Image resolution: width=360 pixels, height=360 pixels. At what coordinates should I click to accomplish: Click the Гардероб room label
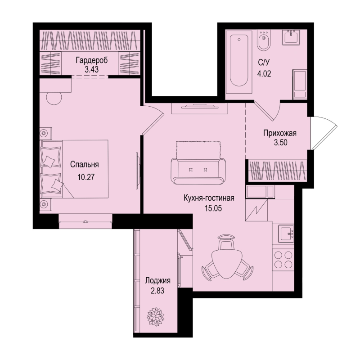click(92, 61)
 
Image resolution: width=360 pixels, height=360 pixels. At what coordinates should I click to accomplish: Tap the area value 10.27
click(86, 177)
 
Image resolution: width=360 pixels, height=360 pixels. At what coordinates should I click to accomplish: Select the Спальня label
click(85, 165)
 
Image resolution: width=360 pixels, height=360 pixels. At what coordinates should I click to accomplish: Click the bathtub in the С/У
click(239, 62)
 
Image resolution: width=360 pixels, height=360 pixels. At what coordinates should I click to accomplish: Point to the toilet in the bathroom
click(264, 40)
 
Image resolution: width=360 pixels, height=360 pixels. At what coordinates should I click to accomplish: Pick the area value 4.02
click(264, 74)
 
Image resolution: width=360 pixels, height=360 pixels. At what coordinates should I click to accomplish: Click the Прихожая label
click(280, 133)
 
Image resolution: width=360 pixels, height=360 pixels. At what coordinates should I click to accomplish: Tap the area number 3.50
click(280, 143)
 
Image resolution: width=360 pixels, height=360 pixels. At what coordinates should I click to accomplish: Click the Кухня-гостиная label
click(209, 198)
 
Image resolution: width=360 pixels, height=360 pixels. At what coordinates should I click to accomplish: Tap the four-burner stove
click(283, 259)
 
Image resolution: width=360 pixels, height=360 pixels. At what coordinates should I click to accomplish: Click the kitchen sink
click(286, 234)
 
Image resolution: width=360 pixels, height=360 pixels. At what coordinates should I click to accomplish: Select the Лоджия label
click(158, 281)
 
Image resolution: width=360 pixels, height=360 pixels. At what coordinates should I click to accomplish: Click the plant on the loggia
click(156, 317)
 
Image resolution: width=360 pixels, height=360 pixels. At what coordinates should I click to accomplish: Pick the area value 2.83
click(157, 291)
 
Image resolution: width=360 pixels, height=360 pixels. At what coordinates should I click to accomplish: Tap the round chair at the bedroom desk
click(54, 98)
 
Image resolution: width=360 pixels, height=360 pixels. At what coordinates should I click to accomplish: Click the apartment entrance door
click(324, 133)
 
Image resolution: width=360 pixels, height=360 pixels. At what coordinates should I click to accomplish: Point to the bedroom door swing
click(153, 120)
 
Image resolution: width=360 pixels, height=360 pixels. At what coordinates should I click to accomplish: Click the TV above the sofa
click(200, 106)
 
